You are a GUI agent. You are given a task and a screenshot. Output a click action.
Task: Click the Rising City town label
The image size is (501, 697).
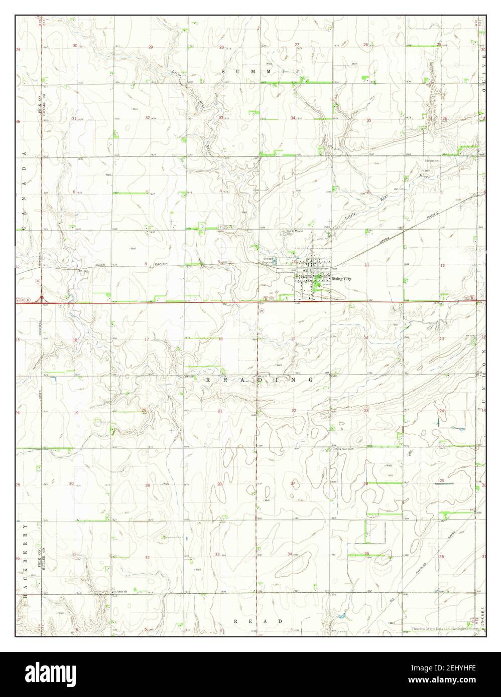tap(341, 279)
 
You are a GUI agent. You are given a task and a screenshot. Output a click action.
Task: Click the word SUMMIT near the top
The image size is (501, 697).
tap(261, 72)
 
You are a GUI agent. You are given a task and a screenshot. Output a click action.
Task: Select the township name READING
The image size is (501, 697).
tap(260, 381)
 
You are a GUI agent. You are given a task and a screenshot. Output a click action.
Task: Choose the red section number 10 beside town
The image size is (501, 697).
tap(294, 262)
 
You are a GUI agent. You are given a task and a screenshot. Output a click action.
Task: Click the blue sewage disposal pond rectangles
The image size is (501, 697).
tap(275, 259)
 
